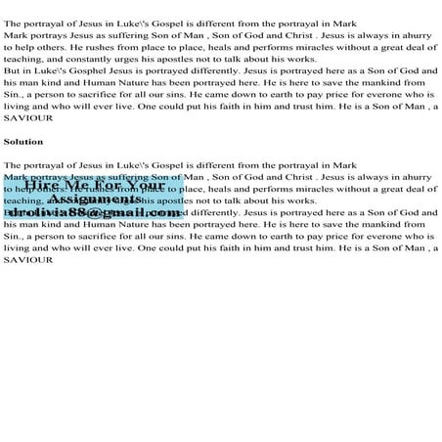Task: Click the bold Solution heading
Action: pos(22,142)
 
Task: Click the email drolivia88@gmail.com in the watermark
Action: pos(94,212)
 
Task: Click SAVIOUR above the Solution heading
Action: pos(25,116)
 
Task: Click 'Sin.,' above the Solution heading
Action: pos(14,96)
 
